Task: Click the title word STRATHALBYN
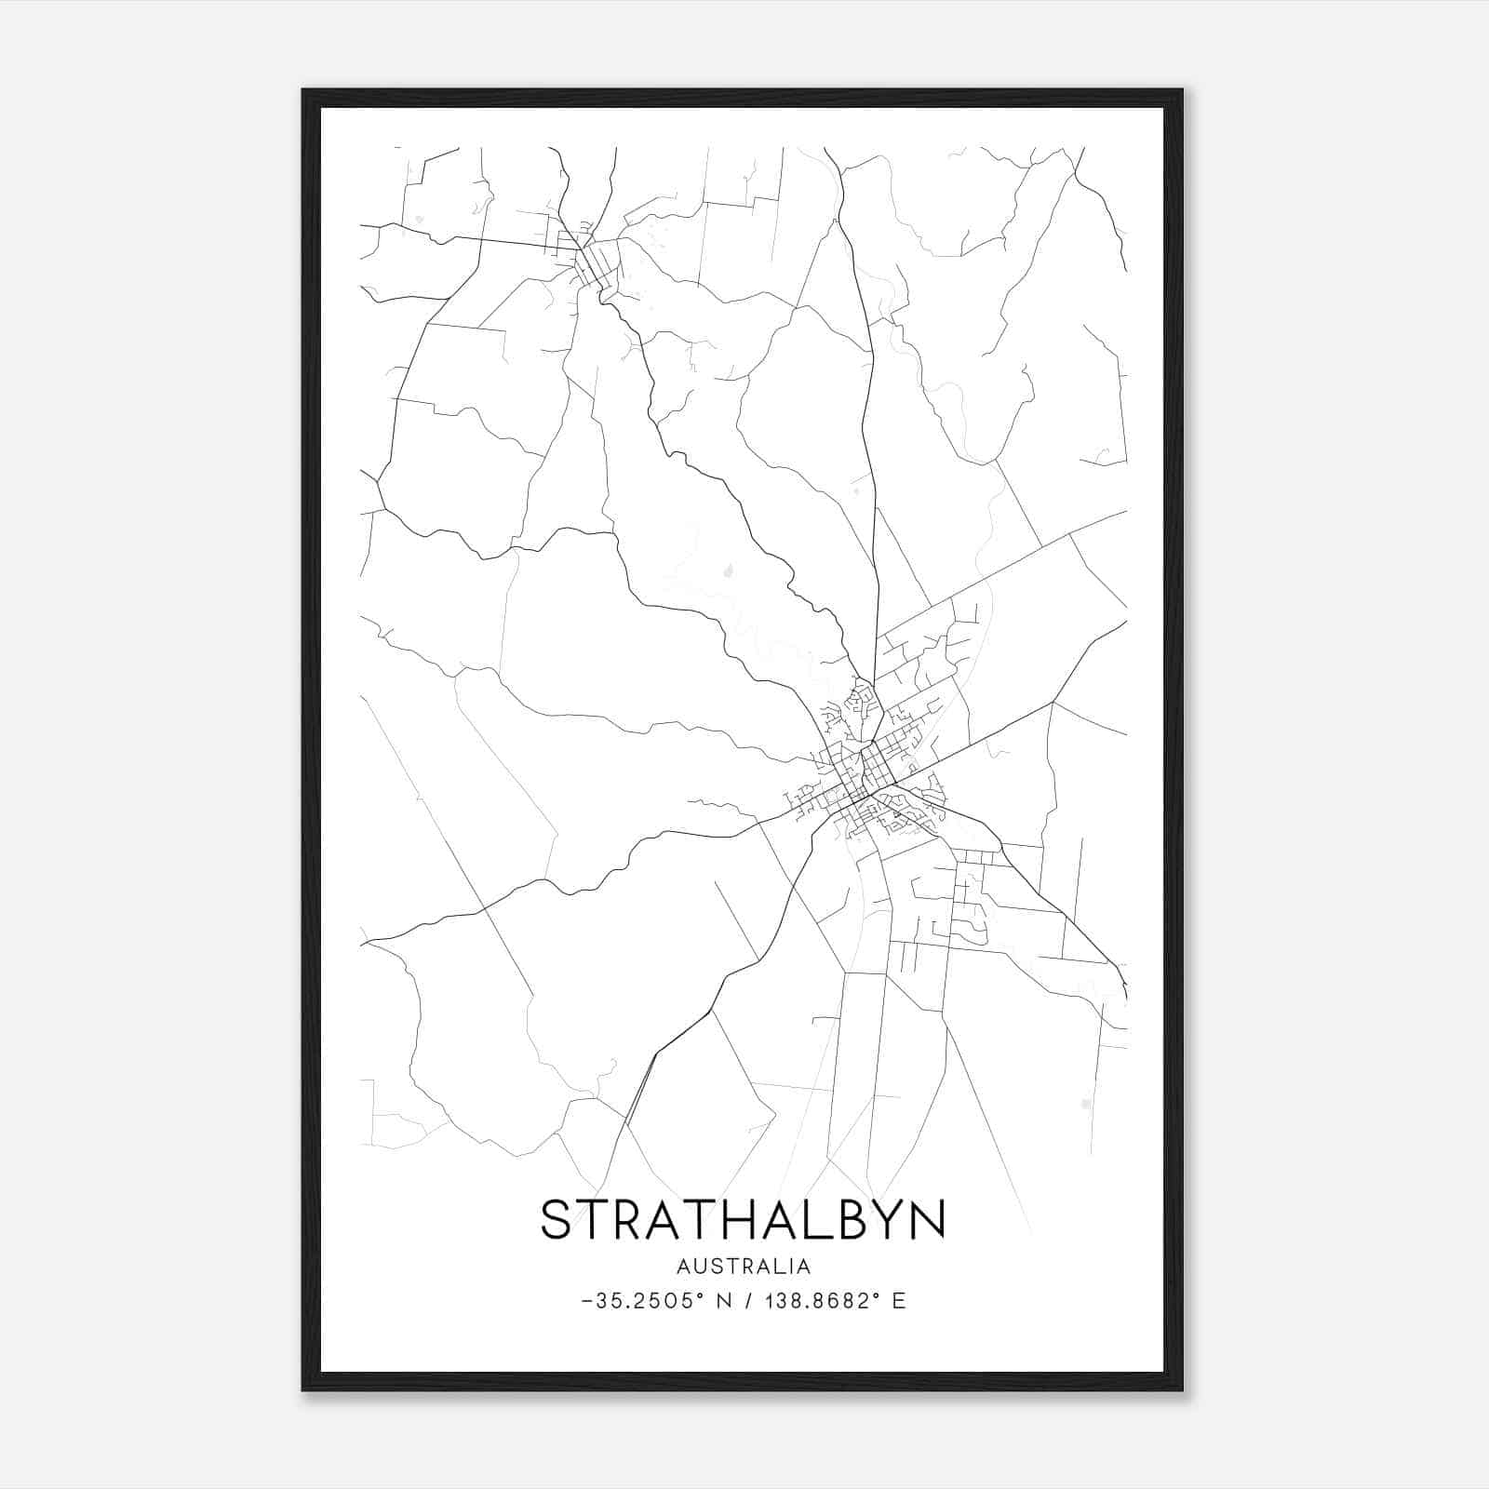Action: (743, 1219)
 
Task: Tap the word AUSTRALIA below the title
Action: (744, 1267)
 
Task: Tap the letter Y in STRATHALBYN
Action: (882, 1219)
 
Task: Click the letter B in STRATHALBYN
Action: (846, 1219)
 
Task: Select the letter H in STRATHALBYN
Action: (734, 1219)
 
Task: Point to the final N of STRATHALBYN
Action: (927, 1219)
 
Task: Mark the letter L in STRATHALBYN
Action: (812, 1219)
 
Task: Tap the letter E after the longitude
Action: (898, 1301)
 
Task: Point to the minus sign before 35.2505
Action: (585, 1301)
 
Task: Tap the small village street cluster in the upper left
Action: (582, 251)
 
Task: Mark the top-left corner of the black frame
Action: (303, 90)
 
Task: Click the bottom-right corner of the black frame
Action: (1182, 1390)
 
